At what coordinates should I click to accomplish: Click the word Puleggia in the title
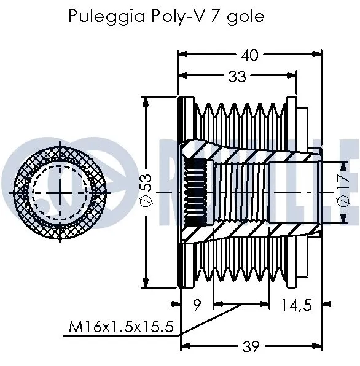(x=95, y=17)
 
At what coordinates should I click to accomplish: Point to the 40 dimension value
(x=249, y=55)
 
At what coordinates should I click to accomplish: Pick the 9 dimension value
(x=197, y=303)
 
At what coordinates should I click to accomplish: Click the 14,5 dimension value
(x=297, y=303)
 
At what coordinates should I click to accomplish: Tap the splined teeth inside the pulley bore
(x=197, y=192)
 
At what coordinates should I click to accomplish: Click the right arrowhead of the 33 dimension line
(x=294, y=76)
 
